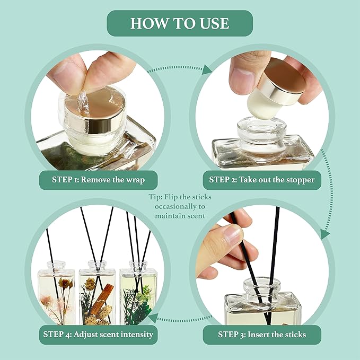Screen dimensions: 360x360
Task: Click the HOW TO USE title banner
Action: click(180, 23)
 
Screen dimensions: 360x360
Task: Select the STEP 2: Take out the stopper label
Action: click(261, 179)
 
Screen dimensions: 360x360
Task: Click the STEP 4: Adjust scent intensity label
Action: click(99, 335)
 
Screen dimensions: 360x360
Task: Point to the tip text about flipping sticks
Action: click(180, 206)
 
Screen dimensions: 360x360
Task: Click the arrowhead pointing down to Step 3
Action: click(324, 233)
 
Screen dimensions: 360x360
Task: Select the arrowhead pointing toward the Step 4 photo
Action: click(153, 318)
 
